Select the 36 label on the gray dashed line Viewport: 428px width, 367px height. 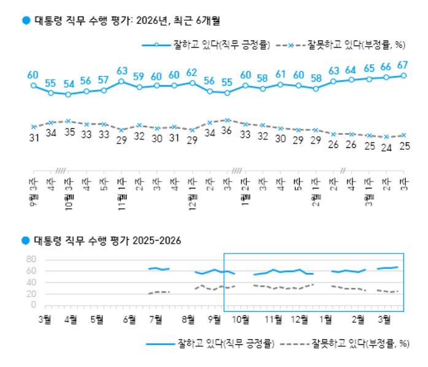click(227, 130)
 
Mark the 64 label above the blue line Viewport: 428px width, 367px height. click(351, 69)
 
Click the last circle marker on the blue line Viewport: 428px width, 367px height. click(404, 75)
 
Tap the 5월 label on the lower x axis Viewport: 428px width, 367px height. click(96, 319)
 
